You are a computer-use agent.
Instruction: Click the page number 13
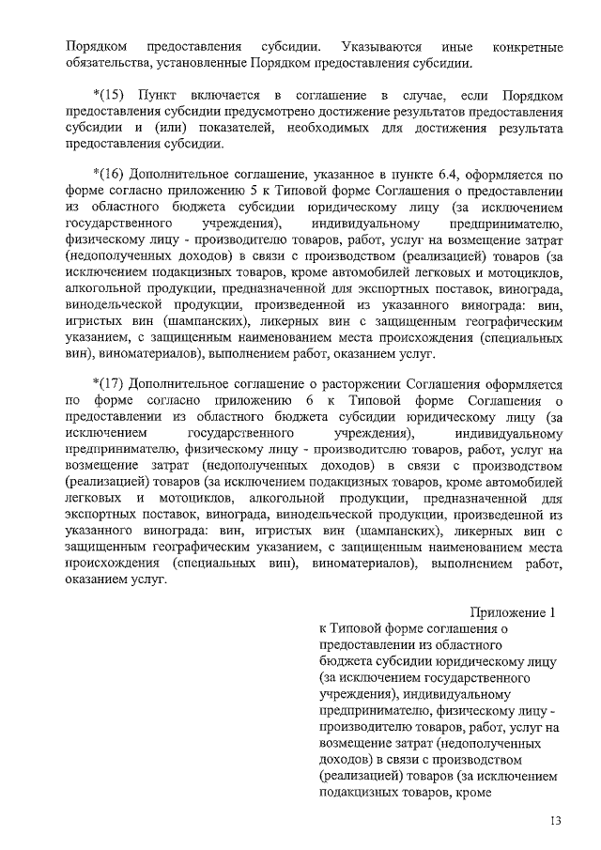(x=556, y=823)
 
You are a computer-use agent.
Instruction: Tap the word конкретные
(x=528, y=46)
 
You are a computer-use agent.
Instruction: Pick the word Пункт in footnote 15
(x=158, y=98)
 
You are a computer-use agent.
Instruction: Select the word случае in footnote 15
(x=433, y=98)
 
